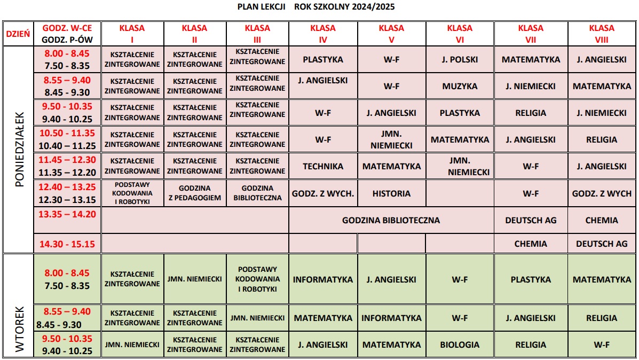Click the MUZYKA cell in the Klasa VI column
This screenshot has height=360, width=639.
[x=460, y=86]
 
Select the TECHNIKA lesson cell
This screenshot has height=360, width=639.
[x=323, y=166]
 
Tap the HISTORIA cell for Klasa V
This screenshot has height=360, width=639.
[x=391, y=193]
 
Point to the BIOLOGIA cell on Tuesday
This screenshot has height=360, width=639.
[x=460, y=345]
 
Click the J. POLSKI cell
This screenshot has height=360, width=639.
[x=460, y=59]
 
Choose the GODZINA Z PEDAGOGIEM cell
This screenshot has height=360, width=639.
[x=195, y=193]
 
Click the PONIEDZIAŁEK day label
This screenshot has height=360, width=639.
[x=19, y=149]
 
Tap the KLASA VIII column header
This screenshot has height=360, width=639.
[x=602, y=33]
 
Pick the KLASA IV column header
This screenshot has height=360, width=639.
[x=323, y=33]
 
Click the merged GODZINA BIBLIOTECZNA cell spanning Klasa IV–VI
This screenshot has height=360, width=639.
[x=391, y=220]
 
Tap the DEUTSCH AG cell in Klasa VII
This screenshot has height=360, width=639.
[x=531, y=220]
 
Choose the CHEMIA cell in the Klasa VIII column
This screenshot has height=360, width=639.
[x=602, y=220]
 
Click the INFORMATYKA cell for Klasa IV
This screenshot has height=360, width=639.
[x=323, y=279]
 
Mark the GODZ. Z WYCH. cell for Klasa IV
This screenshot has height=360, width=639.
[x=323, y=193]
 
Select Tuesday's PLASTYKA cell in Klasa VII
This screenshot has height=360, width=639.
[x=531, y=279]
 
